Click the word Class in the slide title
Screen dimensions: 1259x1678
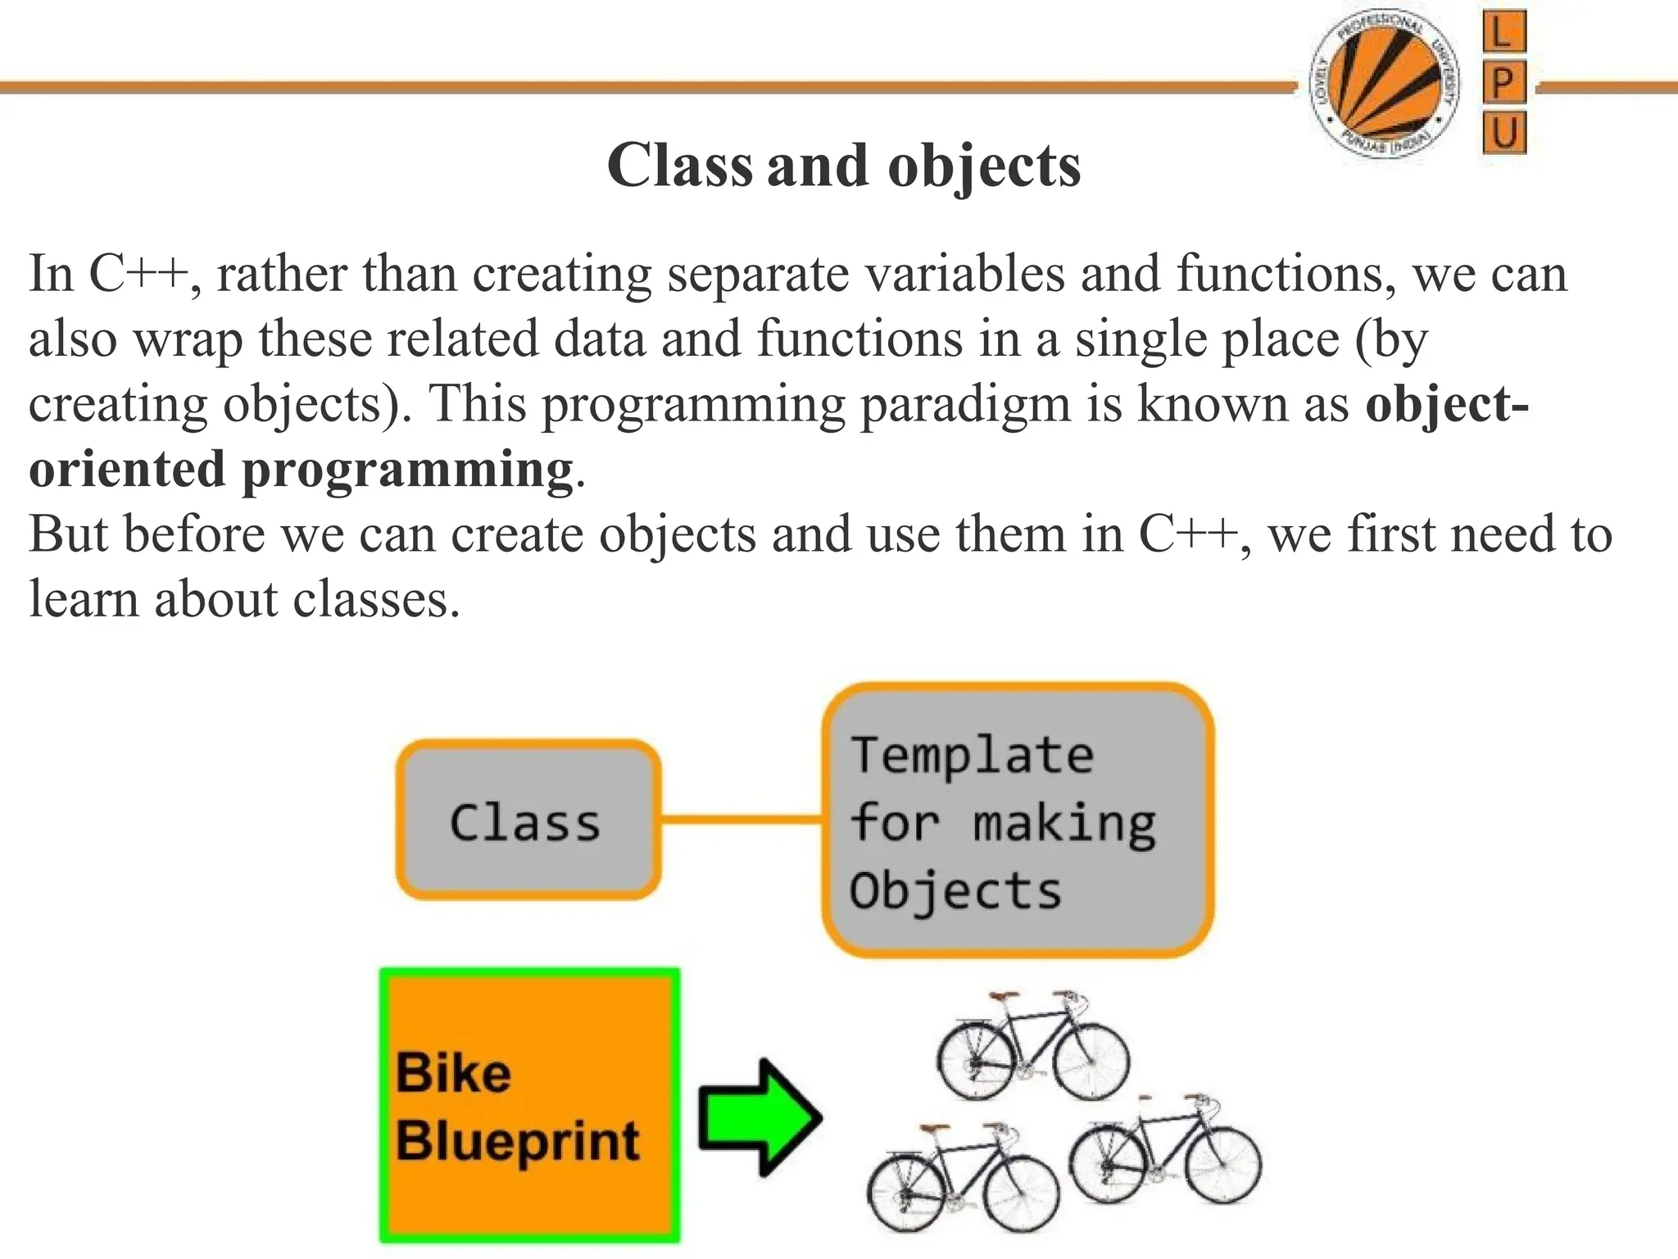point(679,166)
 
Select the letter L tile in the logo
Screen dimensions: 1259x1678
point(1503,32)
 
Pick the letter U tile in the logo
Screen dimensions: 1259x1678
point(1503,133)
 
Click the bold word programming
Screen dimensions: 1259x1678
point(407,470)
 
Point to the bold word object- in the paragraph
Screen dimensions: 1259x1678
point(1446,404)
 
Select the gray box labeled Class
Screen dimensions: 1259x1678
point(528,820)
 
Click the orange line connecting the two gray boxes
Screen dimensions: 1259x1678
point(741,819)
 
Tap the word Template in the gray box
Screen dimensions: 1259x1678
point(972,755)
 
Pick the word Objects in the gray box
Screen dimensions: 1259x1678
point(955,891)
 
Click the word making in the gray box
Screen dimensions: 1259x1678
point(1063,824)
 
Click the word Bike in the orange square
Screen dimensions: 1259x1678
point(453,1073)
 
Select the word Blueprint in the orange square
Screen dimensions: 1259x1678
point(517,1141)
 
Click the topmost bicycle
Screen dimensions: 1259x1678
point(1032,1045)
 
